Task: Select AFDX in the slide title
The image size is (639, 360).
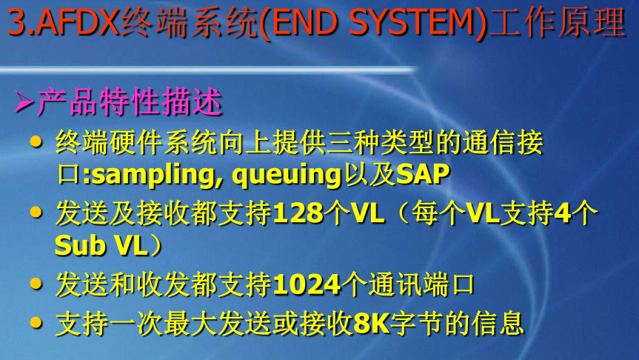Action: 78,24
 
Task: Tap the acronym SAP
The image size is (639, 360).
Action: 423,175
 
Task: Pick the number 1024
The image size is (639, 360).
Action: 307,284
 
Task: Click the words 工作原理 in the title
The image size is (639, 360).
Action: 563,24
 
